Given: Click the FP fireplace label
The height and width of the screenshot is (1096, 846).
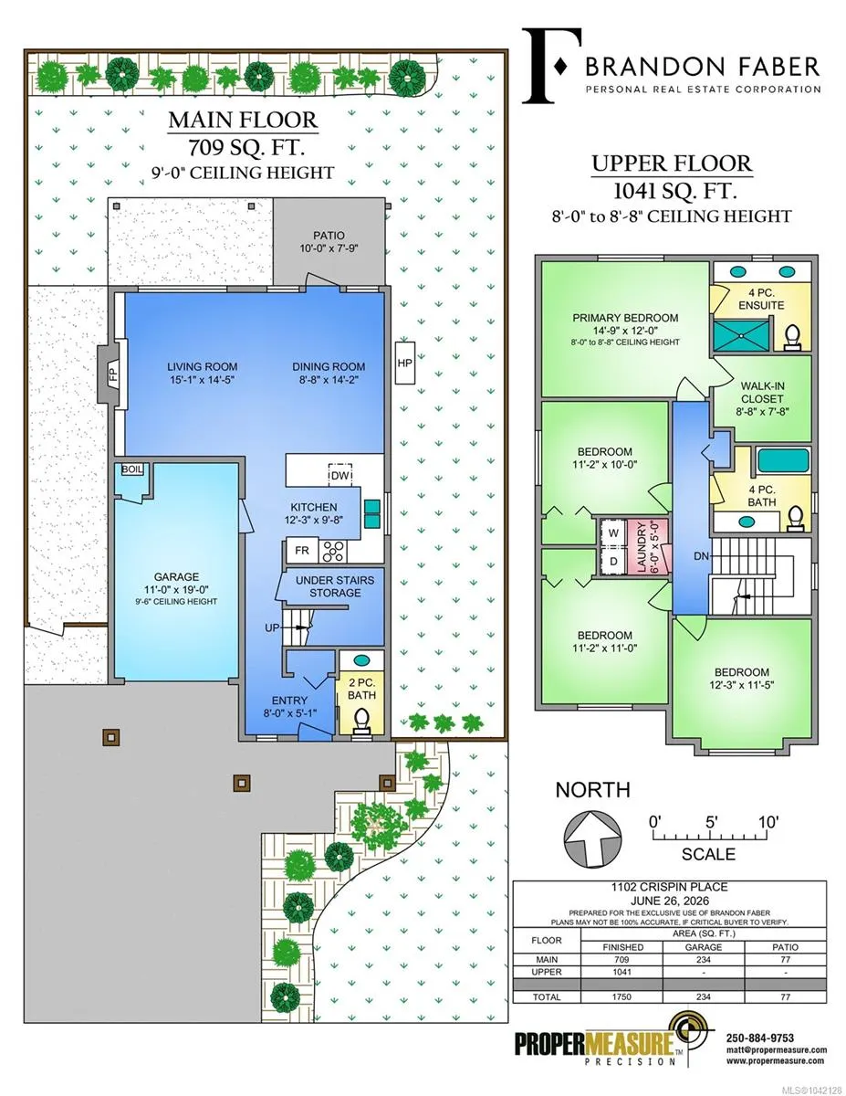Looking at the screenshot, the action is pyautogui.click(x=113, y=374).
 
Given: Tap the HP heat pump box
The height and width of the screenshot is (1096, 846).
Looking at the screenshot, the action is pyautogui.click(x=404, y=363).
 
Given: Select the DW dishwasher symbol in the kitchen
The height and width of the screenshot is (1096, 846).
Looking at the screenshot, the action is pyautogui.click(x=340, y=475).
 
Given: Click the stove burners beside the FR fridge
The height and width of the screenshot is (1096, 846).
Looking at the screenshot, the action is pyautogui.click(x=333, y=550).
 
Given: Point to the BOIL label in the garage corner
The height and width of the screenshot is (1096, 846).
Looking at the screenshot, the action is pyautogui.click(x=132, y=469).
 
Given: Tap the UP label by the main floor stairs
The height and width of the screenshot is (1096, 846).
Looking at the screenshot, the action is pyautogui.click(x=272, y=628).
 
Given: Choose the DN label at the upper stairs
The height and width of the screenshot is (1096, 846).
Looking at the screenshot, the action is pyautogui.click(x=701, y=556).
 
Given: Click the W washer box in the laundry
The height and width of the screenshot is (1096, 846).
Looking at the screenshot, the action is pyautogui.click(x=612, y=532).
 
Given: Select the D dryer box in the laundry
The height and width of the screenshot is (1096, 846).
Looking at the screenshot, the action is pyautogui.click(x=612, y=561).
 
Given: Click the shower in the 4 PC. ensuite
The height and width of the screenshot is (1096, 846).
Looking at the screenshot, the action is pyautogui.click(x=741, y=332).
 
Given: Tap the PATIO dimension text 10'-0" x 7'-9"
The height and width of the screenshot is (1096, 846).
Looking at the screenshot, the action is pyautogui.click(x=329, y=248).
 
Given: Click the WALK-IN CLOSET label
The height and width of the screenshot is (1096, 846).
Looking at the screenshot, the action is pyautogui.click(x=762, y=393).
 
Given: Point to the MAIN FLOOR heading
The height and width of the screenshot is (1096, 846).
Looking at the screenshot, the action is pyautogui.click(x=243, y=120).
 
